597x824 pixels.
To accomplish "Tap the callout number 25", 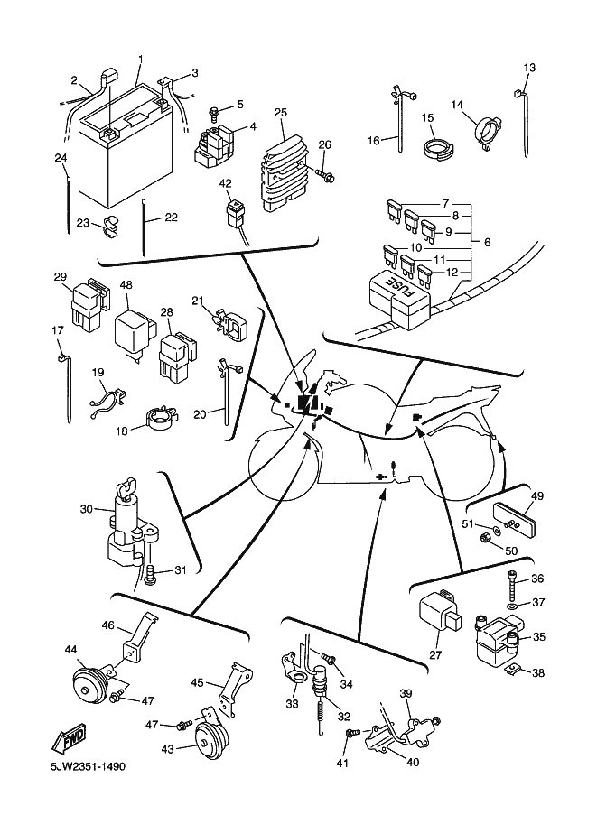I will coord(281,112).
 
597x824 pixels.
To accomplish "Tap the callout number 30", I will coord(86,509).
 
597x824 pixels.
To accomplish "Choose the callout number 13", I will coord(529,69).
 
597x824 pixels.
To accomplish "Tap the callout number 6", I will coord(488,242).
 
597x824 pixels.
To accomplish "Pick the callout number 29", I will coord(61,276).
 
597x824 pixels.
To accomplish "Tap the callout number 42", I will coord(226,183).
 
